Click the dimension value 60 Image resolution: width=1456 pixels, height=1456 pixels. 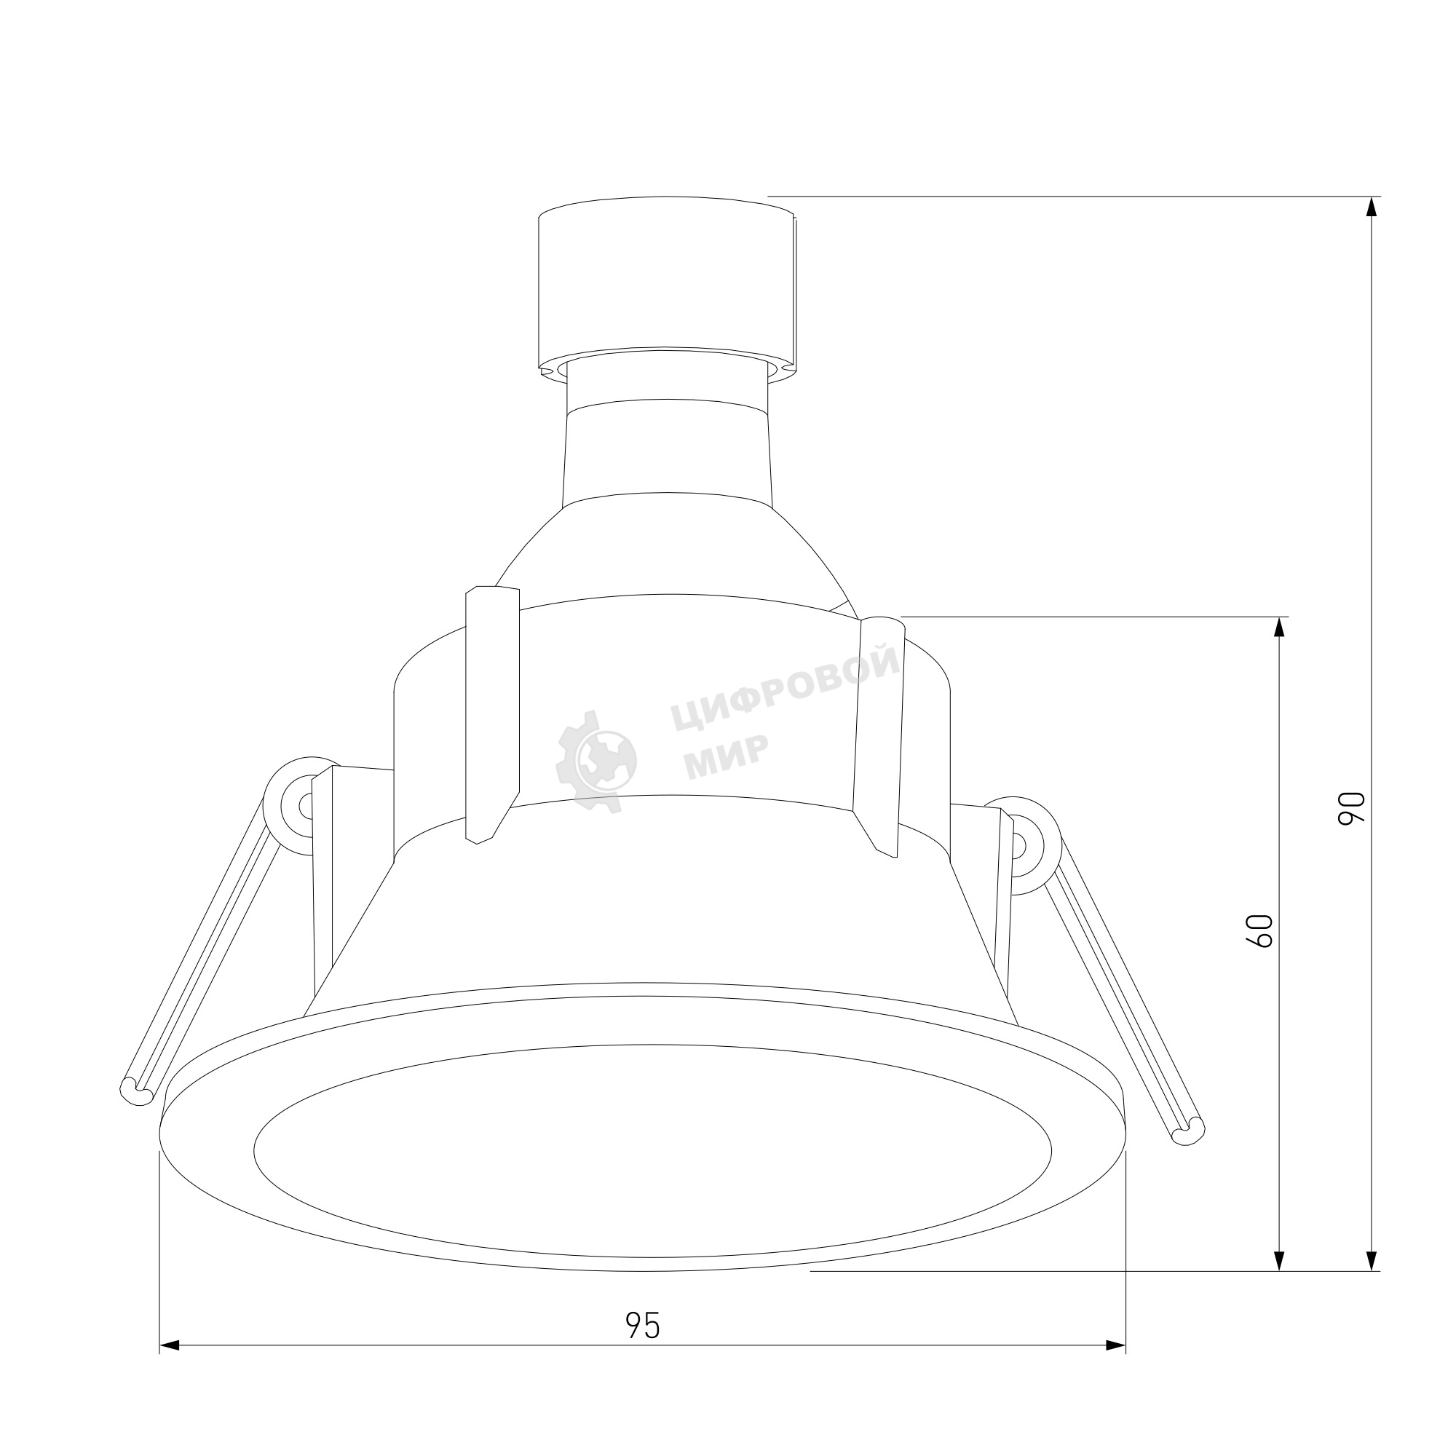coord(1262,930)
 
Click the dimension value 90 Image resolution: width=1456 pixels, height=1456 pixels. coord(1351,809)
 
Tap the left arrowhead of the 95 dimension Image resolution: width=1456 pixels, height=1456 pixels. coord(170,1366)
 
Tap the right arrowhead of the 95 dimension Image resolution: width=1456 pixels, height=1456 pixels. coord(1115,1366)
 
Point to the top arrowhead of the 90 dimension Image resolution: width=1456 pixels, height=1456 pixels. coord(1372,207)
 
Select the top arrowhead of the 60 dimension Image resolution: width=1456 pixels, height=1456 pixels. coord(1279,628)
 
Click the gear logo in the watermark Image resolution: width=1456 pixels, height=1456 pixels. coord(596,761)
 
